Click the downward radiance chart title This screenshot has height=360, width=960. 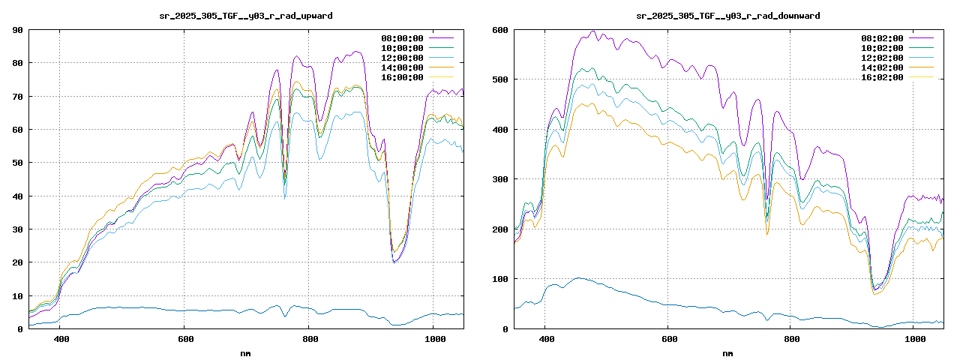tap(727, 15)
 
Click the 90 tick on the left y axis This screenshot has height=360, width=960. tap(17, 30)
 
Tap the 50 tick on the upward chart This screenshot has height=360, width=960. tap(17, 163)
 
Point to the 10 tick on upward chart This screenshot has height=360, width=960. tap(17, 295)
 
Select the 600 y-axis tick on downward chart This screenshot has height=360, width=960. tap(500, 30)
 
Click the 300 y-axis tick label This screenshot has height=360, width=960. tap(500, 179)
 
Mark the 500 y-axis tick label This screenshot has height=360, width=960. tap(500, 79)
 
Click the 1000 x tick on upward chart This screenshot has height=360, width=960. tap(432, 339)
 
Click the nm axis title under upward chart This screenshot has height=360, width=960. tap(246, 352)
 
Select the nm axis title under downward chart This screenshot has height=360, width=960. tap(727, 352)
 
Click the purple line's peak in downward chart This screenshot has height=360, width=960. tap(592, 31)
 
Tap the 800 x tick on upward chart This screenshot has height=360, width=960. tap(308, 339)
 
